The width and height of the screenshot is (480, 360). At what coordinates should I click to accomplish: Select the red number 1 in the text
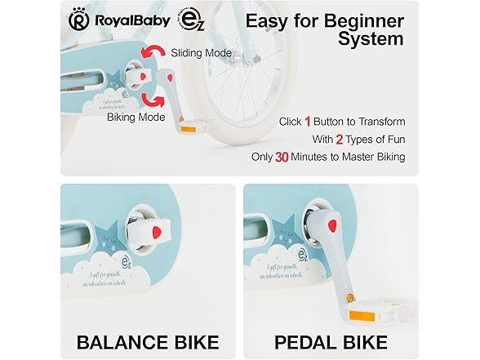click(308, 122)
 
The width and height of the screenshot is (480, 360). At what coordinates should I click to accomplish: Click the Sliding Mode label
click(201, 54)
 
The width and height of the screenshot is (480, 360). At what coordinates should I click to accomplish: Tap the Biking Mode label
click(134, 118)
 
